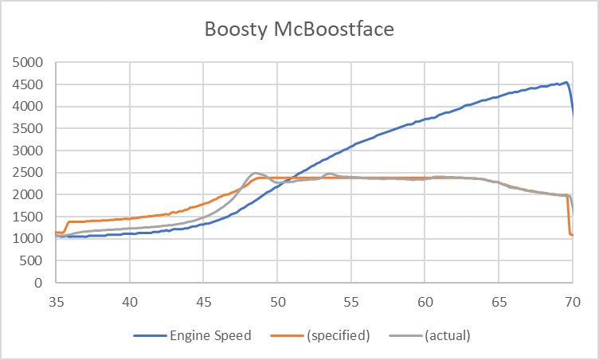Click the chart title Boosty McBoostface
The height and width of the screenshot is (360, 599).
click(299, 29)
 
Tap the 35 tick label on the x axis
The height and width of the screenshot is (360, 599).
click(56, 302)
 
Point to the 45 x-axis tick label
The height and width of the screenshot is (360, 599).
click(203, 302)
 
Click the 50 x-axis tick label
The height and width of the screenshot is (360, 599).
click(277, 302)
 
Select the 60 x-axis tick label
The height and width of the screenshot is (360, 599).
click(425, 302)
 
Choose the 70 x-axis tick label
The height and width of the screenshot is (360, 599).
click(572, 302)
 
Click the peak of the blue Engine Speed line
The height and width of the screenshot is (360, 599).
click(565, 82)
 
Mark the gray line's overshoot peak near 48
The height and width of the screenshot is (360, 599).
click(256, 173)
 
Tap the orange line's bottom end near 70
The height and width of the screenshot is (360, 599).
click(572, 235)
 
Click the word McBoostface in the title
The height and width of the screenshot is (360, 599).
click(334, 29)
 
